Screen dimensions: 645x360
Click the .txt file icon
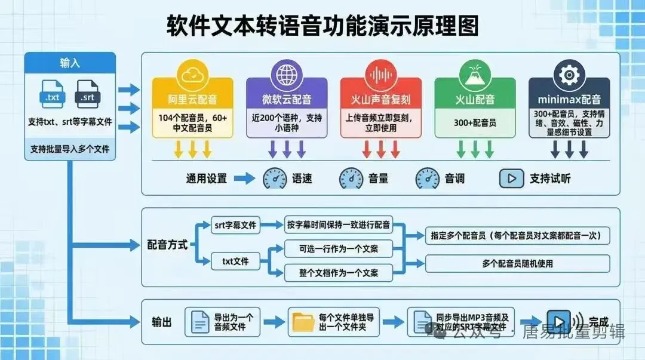(x=52, y=94)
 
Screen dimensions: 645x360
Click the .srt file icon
(x=87, y=94)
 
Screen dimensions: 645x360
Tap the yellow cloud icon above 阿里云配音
(x=192, y=75)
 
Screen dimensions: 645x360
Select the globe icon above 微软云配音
(x=286, y=75)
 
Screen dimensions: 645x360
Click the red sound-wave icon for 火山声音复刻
(x=380, y=75)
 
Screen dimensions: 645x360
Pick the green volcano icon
(x=475, y=75)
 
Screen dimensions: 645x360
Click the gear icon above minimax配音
(x=569, y=75)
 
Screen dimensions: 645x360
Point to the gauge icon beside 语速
(x=275, y=179)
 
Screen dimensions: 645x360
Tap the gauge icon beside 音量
(x=351, y=179)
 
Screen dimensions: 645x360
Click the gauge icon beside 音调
(x=428, y=179)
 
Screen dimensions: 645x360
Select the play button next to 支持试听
(x=511, y=179)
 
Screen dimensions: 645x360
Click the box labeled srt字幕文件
(x=235, y=225)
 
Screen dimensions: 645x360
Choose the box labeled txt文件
(x=235, y=261)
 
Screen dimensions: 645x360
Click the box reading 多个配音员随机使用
(x=517, y=263)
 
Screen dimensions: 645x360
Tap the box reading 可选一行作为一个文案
(x=338, y=249)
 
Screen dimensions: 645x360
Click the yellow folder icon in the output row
(x=303, y=322)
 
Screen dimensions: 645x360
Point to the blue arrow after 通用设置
(x=245, y=179)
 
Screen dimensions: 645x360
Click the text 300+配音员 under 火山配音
(x=475, y=122)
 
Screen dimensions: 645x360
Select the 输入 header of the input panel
(x=70, y=63)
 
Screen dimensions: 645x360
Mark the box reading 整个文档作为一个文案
(x=338, y=273)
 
